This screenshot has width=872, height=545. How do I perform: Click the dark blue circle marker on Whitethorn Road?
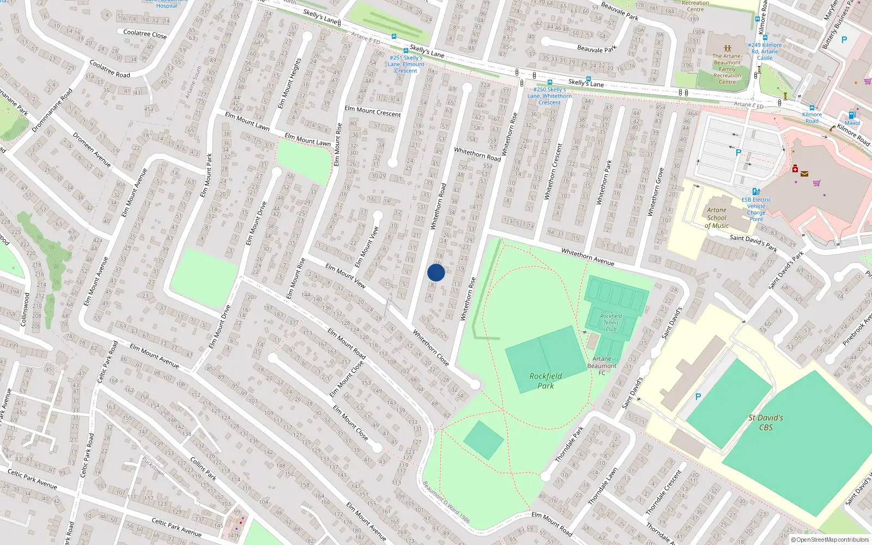coord(436,272)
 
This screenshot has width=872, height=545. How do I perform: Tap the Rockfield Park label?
coord(546,380)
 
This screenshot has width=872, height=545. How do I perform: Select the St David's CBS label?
coord(766,422)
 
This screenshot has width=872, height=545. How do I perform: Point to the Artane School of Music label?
coord(717,217)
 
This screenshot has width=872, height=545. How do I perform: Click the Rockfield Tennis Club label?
coord(611,322)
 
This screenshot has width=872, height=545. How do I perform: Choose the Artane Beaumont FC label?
coord(602,366)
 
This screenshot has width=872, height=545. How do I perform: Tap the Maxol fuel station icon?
coord(851,115)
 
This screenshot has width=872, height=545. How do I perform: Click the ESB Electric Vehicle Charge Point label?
coord(756,209)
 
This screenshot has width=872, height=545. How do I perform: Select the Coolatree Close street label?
coord(145,34)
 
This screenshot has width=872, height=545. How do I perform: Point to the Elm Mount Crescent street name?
coord(372,112)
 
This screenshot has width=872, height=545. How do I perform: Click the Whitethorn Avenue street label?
coord(588,257)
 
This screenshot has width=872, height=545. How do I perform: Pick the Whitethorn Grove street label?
coord(655,192)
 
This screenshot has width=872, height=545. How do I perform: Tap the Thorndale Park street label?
coord(569,444)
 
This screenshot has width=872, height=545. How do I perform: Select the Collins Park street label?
coord(203,469)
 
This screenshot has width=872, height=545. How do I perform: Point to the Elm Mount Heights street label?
coord(289,83)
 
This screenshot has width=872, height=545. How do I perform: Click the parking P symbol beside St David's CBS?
coord(698,397)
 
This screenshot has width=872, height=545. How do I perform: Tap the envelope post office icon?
coord(804,174)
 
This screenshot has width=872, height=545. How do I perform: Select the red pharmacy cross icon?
coord(795,169)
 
